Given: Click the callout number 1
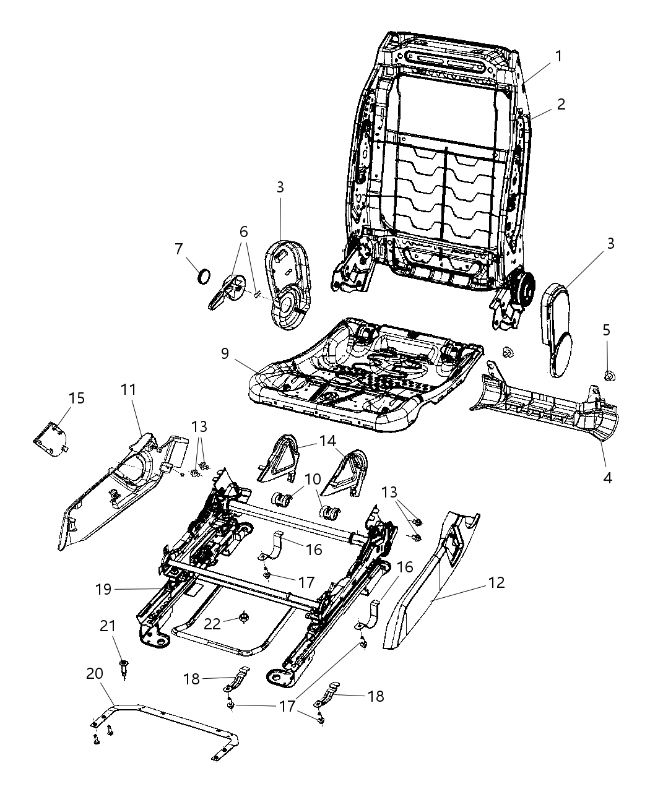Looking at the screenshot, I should click(x=558, y=56).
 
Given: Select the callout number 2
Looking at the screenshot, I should click(x=561, y=104).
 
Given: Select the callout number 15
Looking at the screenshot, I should click(x=77, y=398).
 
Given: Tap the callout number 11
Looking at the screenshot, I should click(x=128, y=389).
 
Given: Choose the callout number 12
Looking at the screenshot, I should click(x=496, y=582).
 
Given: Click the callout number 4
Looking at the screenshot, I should click(x=607, y=478).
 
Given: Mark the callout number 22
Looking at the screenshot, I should click(x=212, y=623).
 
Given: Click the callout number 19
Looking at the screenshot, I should click(x=104, y=589).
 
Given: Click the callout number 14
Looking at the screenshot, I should click(x=326, y=441).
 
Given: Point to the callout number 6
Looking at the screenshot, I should click(x=243, y=231).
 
